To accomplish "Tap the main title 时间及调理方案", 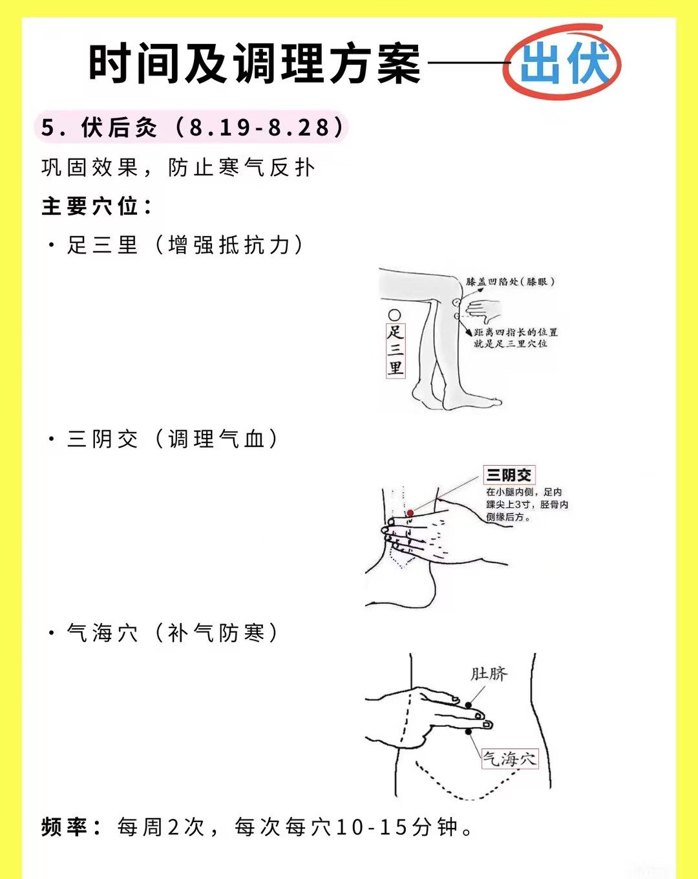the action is [x=255, y=63].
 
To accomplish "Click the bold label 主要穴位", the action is [x=97, y=206].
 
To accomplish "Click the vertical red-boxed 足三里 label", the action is [x=396, y=351].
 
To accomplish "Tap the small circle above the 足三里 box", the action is [x=395, y=315].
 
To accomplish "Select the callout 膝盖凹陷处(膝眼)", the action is [x=511, y=281].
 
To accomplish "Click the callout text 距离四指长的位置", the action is [x=516, y=332].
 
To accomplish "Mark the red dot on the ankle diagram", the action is [x=410, y=513].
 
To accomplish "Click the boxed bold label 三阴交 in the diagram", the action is [x=509, y=475].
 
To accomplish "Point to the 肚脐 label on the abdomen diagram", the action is [x=489, y=674].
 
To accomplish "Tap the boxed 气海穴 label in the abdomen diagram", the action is [x=510, y=759].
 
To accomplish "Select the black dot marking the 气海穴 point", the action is [x=469, y=732].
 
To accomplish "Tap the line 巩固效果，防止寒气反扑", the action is [x=178, y=168].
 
